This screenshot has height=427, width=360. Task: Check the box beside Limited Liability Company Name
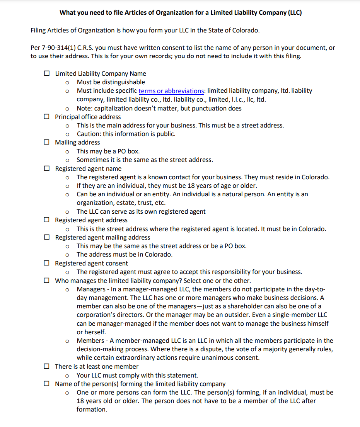point(47,73)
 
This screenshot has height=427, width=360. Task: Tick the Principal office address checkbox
point(47,117)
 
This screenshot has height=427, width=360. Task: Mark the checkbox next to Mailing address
point(47,142)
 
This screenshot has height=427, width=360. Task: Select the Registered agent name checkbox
point(47,168)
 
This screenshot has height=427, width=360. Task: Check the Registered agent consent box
point(47,263)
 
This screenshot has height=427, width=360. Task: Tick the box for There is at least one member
point(47,366)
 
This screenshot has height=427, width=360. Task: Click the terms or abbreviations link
point(171,91)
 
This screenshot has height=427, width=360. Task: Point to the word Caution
point(89,134)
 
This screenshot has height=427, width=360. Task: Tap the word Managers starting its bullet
point(90,289)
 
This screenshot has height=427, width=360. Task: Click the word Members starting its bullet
point(90,340)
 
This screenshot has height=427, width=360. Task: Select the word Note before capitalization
point(84,108)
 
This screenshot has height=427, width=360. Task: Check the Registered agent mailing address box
point(47,237)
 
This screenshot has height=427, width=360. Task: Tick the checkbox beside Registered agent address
point(47,220)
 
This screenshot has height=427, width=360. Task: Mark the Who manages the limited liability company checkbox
point(47,281)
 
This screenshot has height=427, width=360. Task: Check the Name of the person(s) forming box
point(47,384)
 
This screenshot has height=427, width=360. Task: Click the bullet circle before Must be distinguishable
point(67,82)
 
